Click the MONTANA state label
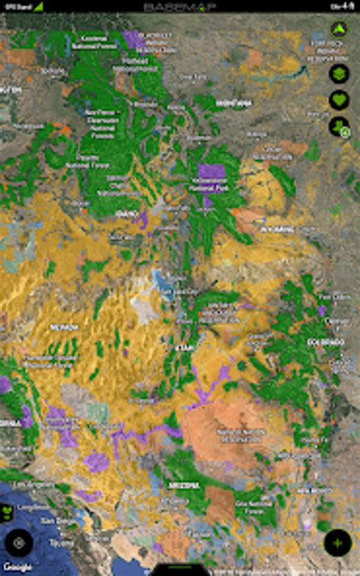click(233, 103)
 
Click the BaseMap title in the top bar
click(179, 6)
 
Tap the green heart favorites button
click(339, 100)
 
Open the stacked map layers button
click(339, 74)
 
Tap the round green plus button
click(337, 543)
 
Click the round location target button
click(19, 543)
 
